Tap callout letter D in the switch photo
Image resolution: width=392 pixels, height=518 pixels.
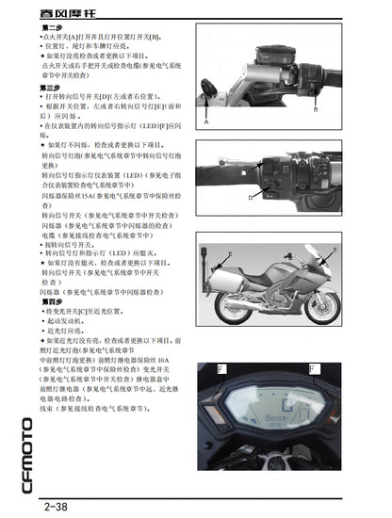[x=252, y=199]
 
